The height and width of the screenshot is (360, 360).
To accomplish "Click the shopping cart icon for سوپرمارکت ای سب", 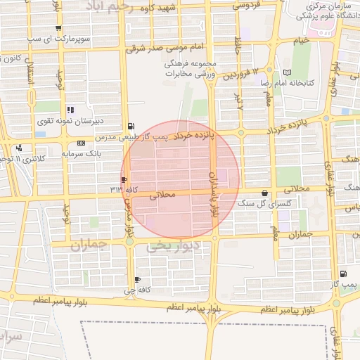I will click(58, 30).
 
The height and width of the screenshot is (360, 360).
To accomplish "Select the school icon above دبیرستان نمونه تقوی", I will click(70, 110).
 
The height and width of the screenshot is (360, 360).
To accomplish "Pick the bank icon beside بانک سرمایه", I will click(82, 143).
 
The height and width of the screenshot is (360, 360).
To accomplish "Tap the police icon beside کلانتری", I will click(19, 148).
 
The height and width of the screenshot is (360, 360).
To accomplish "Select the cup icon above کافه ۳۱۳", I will click(124, 179).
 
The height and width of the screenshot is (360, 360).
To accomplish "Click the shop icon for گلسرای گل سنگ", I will click(264, 193).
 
